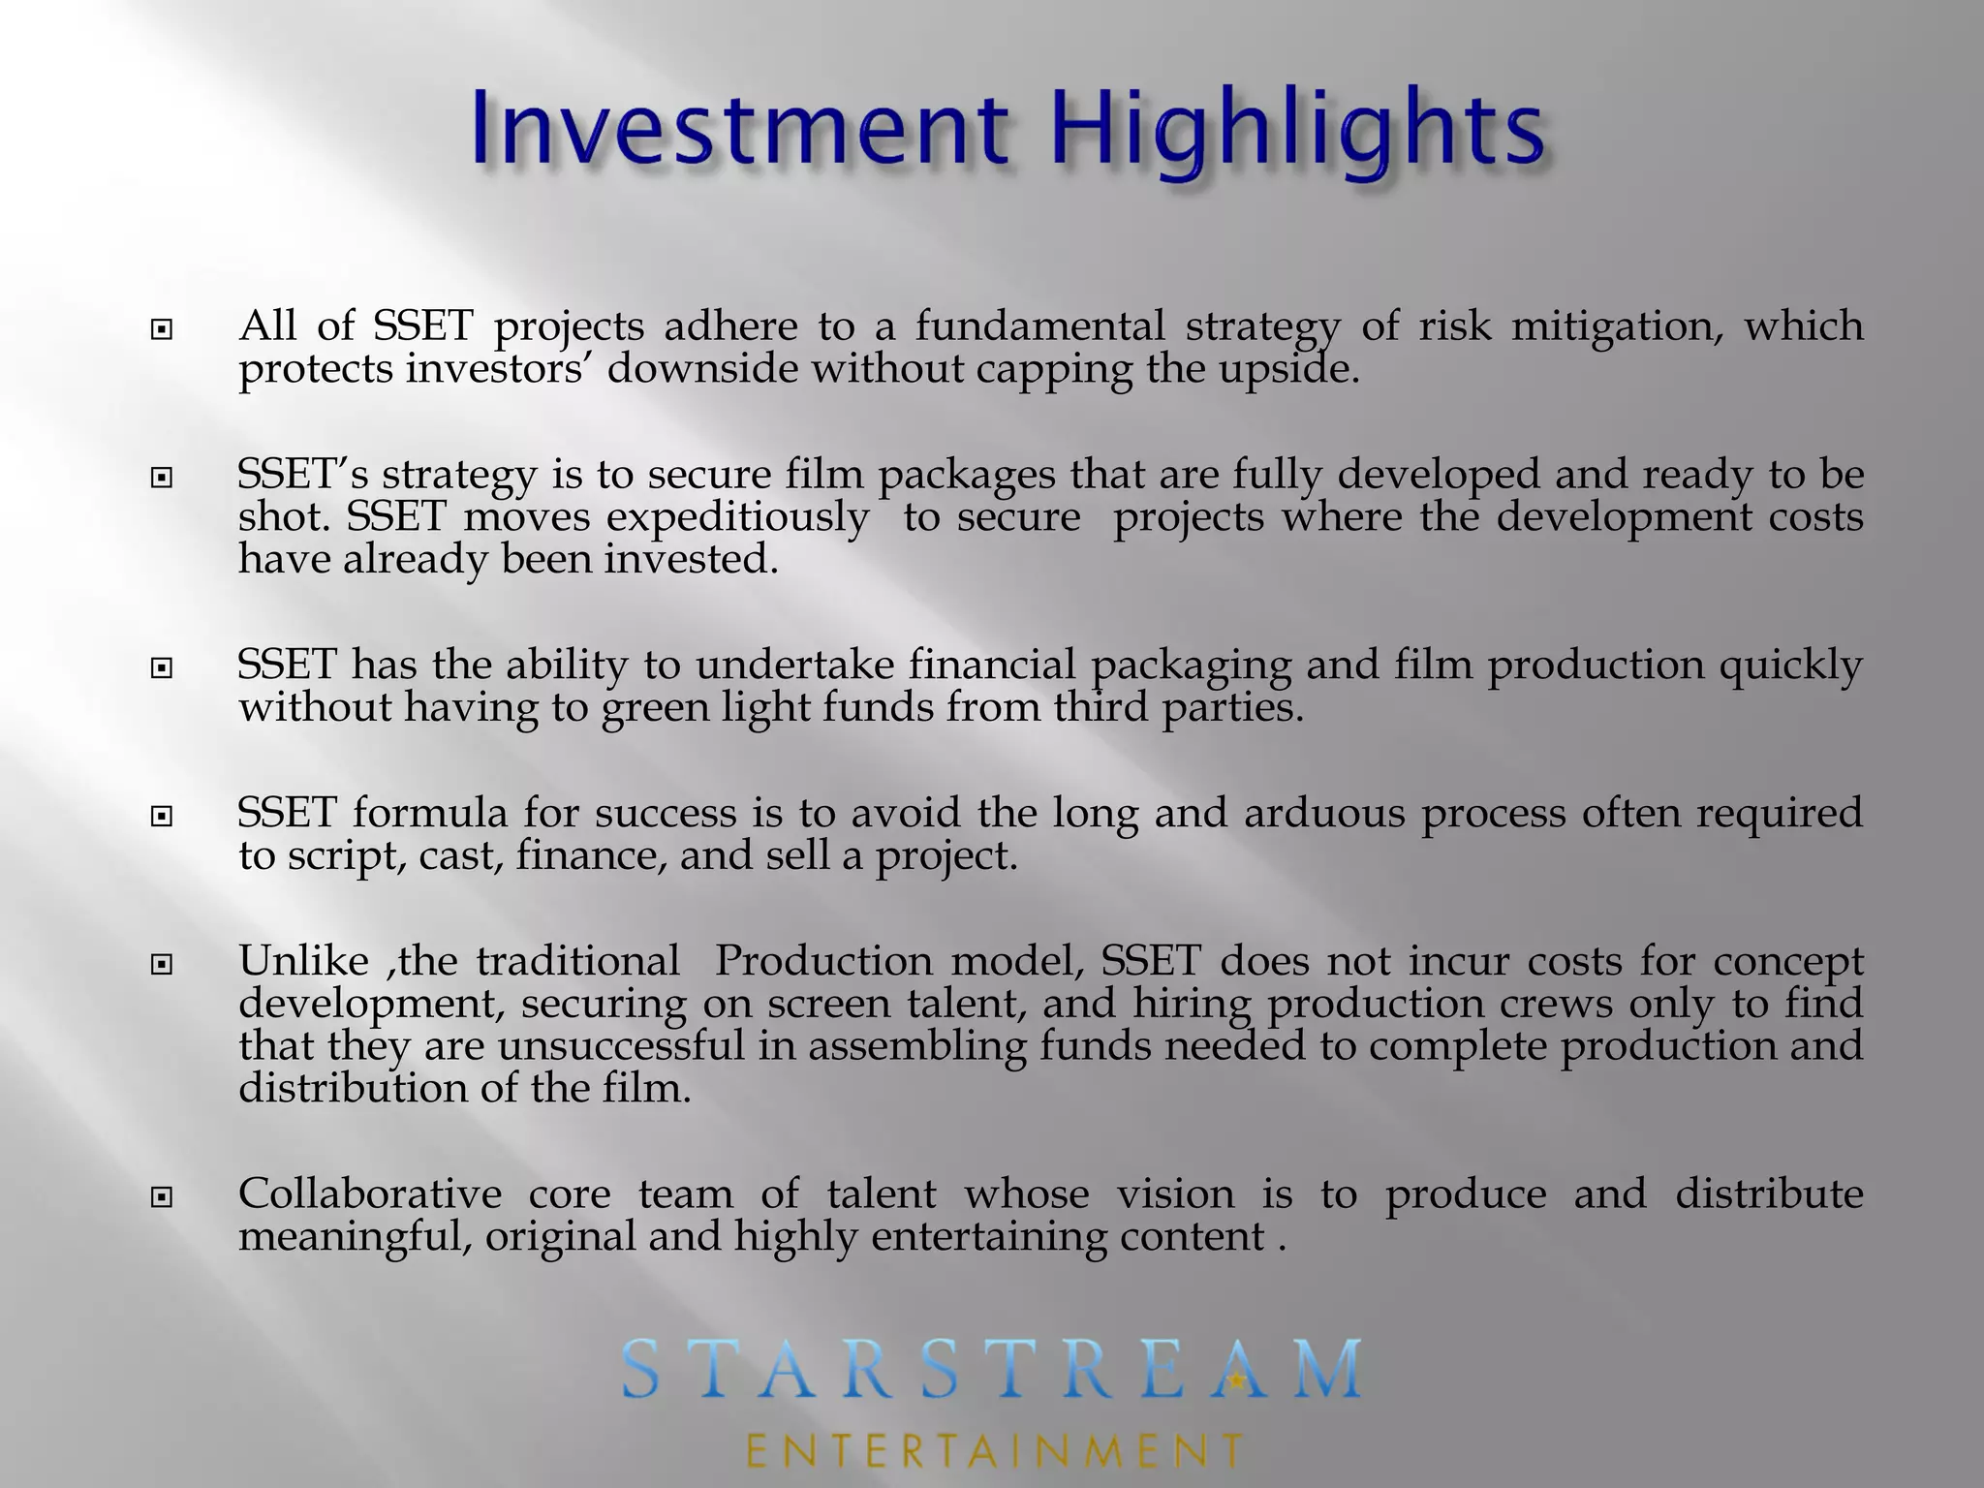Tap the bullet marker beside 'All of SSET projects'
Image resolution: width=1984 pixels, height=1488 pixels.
click(162, 331)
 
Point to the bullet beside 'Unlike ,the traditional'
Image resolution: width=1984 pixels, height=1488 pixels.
click(162, 966)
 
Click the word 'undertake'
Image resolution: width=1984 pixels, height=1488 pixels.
click(796, 666)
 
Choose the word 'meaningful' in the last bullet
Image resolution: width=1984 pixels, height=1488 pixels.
click(355, 1238)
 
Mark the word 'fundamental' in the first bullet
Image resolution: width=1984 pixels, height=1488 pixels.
click(1040, 327)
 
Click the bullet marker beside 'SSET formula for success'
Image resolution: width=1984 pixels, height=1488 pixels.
click(162, 818)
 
